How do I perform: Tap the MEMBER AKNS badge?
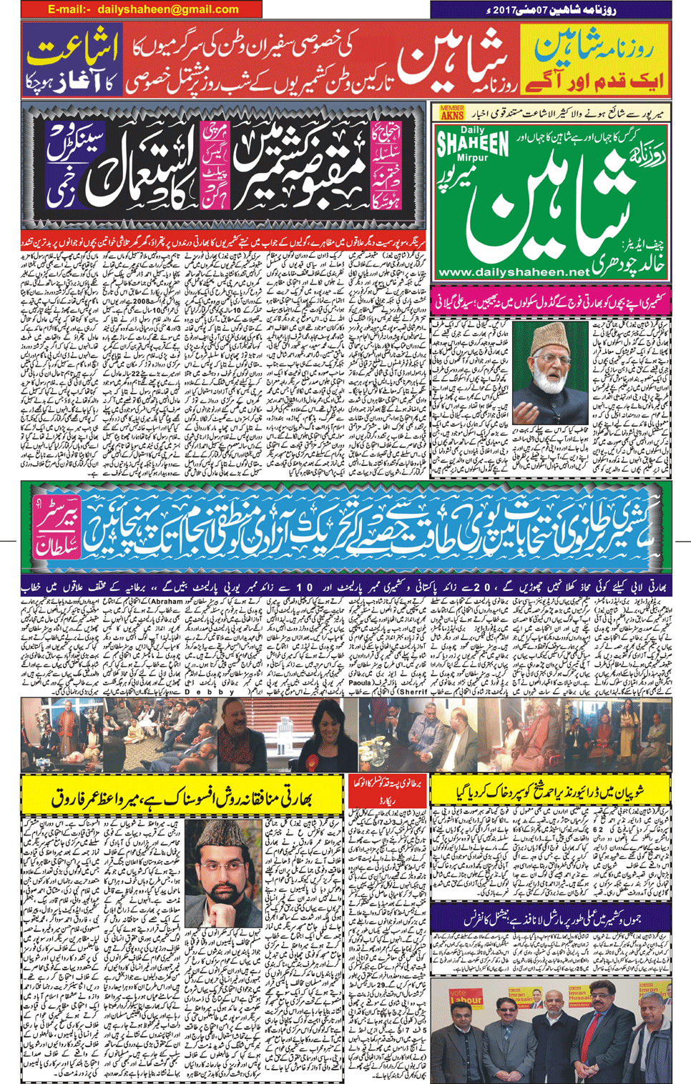click(x=452, y=112)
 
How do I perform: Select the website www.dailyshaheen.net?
click(x=514, y=272)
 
